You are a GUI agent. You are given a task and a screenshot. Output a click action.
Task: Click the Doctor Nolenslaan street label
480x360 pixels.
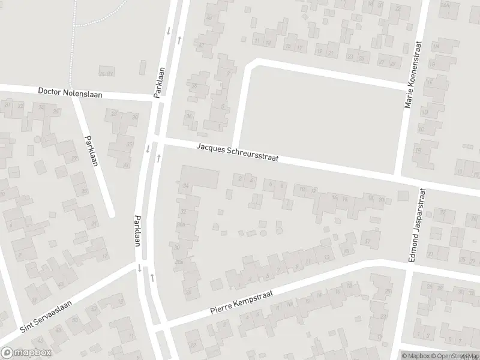coord(70,93)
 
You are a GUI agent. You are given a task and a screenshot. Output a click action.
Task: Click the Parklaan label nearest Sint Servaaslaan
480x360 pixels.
coord(139,231)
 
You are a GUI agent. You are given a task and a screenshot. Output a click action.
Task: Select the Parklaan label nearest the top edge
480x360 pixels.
coord(159,83)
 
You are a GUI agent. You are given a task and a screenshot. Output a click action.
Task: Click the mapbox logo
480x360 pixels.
coord(26,353)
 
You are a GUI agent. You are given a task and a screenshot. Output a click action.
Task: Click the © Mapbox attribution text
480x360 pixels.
coord(415,356)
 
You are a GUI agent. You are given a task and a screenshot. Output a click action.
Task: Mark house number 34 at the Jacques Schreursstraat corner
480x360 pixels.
coord(186,187)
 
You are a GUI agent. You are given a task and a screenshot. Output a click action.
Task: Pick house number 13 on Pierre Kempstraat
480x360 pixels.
coord(326,257)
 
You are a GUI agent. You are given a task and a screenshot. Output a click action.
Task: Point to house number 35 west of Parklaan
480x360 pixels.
coord(129,145)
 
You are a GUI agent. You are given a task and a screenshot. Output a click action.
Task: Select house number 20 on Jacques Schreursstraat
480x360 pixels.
coord(381,200)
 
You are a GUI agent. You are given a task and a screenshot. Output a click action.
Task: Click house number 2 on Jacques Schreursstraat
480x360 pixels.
coord(241,178)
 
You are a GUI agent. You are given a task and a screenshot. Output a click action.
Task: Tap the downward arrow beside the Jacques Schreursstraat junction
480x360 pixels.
coord(148,149)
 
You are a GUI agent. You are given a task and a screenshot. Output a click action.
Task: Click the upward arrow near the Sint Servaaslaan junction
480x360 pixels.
coord(152,277)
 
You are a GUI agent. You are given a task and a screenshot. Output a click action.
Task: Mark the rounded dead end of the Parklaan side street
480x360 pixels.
coord(110,213)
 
